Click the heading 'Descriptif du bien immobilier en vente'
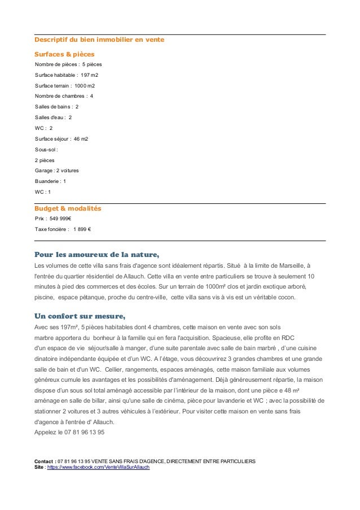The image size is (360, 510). (99, 41)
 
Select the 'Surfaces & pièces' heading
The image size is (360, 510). (64, 54)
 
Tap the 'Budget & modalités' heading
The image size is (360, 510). (68, 208)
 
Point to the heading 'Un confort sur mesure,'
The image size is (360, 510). (80, 315)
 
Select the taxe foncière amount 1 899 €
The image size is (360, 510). (82, 229)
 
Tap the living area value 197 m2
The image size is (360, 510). (89, 75)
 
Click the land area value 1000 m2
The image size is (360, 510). (85, 86)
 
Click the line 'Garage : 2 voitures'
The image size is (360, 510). (56, 171)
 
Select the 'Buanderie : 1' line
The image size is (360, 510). (50, 181)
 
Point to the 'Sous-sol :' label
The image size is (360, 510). (46, 150)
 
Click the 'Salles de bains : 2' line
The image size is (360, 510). (56, 107)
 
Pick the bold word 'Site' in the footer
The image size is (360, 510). (39, 468)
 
